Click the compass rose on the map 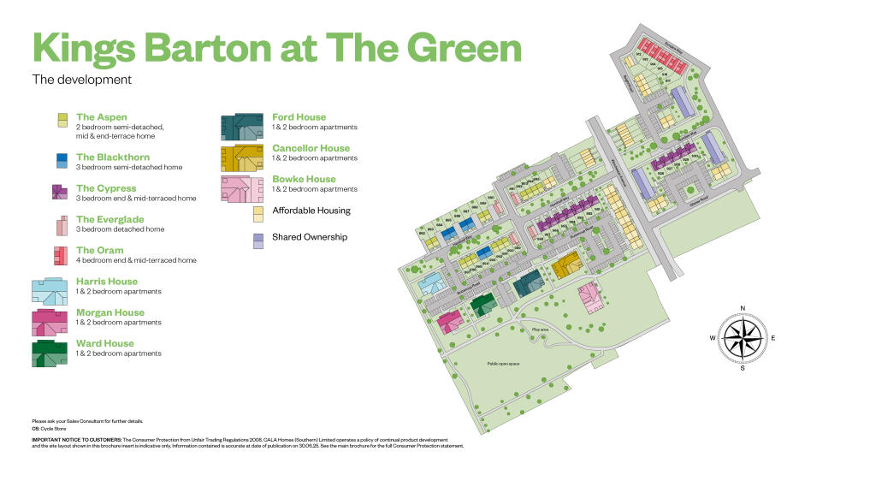click(743, 336)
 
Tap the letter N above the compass click(743, 307)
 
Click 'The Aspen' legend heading click(101, 117)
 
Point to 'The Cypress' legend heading click(105, 188)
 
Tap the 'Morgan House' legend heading click(109, 312)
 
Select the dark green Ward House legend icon click(50, 353)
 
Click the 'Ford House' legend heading click(299, 117)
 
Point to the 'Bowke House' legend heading click(304, 179)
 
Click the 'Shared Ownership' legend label click(310, 237)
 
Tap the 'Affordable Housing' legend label click(311, 211)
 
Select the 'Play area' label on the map click(539, 329)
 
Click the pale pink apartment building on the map click(589, 298)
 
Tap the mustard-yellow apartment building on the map click(565, 267)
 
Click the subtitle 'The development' click(82, 80)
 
